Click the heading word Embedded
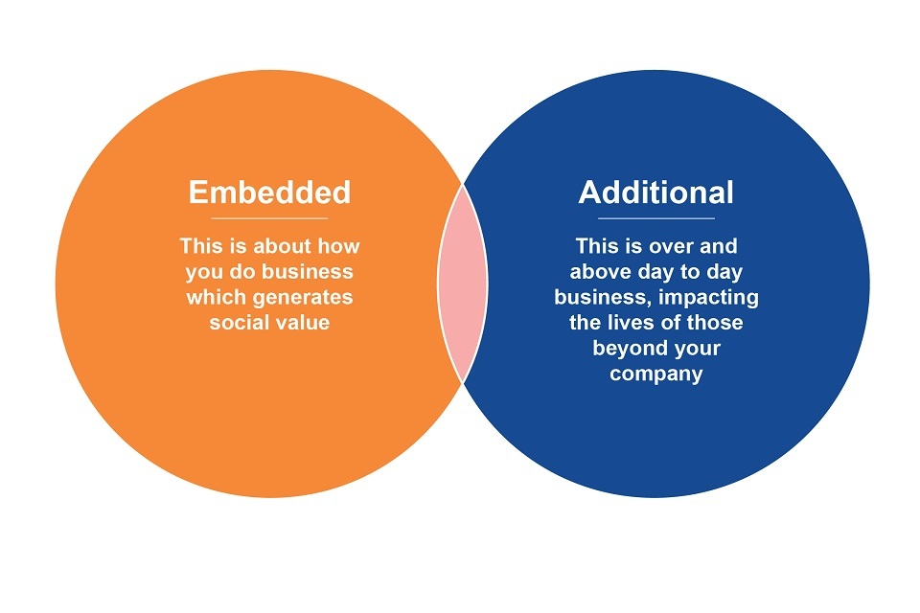coord(269,192)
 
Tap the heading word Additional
coord(655,192)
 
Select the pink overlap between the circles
coord(463,284)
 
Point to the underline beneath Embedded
coord(269,218)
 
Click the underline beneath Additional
coord(655,218)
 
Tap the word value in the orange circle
coord(300,322)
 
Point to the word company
coord(655,375)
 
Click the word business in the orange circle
coord(307,272)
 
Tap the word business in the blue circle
coord(603,297)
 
